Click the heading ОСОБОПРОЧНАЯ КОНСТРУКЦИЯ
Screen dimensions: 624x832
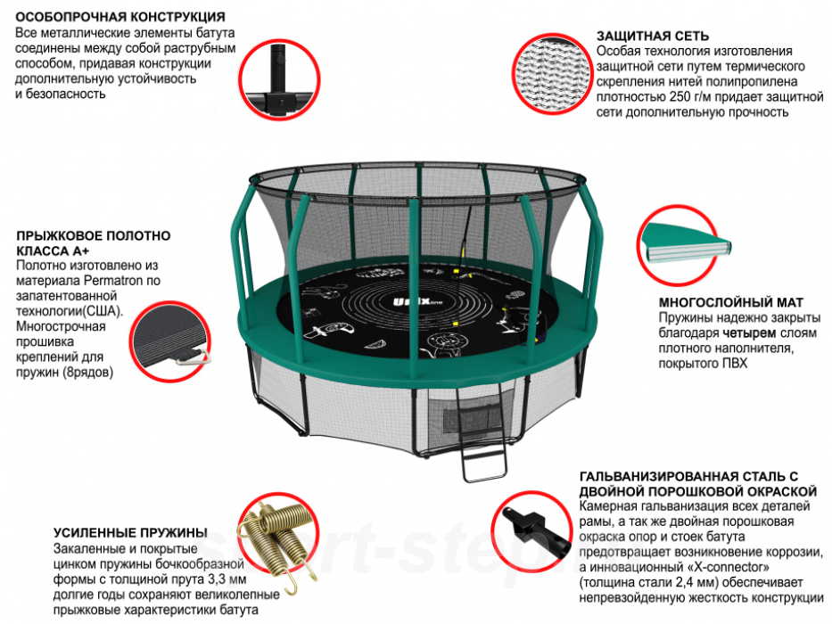[120, 17]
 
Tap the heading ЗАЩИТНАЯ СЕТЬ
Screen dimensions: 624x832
[654, 37]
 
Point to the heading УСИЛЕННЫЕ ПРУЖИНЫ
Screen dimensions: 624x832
[130, 532]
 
